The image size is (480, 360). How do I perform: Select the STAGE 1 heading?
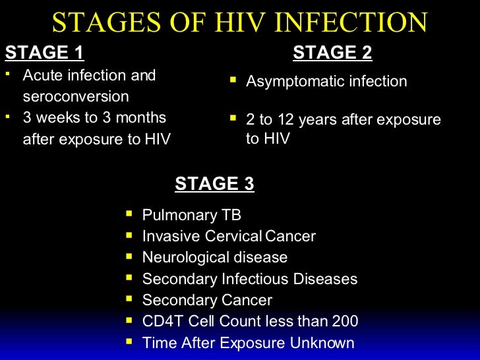pos(44,53)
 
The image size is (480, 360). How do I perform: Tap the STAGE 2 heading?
pos(332,53)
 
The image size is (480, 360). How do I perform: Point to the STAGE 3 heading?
pos(214,183)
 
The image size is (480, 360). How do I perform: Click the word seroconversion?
pos(76,96)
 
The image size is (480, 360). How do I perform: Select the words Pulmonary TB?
pos(192,215)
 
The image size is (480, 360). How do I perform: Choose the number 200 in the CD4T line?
pos(345,321)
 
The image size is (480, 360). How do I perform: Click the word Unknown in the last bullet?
pos(324,343)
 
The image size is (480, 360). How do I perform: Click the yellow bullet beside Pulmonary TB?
pos(129,214)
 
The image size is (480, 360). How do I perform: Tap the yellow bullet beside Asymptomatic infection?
pos(233,80)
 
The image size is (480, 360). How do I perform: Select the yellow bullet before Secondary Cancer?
pos(129,299)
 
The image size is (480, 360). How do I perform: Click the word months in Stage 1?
pos(140,118)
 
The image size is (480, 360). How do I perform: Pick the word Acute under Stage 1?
pos(43,75)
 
